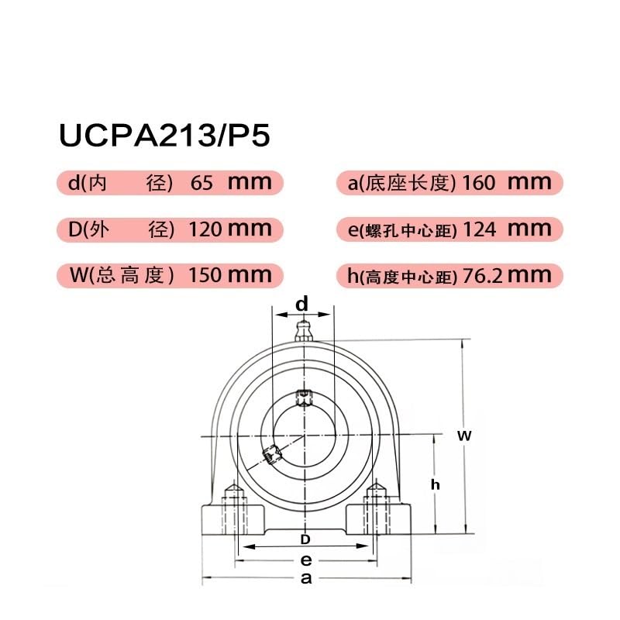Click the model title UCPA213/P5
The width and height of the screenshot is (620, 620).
[x=164, y=135]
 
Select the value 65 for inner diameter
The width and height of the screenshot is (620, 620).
[x=201, y=184]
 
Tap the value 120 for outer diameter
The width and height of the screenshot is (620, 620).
[x=205, y=229]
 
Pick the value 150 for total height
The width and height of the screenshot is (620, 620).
[x=205, y=274]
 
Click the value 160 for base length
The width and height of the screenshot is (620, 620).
[x=478, y=184]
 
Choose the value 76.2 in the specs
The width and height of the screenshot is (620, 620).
[x=484, y=274]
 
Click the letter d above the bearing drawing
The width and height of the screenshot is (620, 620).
[x=302, y=305]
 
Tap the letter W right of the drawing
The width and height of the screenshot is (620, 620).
[x=463, y=436]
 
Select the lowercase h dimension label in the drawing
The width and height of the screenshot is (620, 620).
[x=436, y=484]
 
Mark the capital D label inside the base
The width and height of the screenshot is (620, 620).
[x=305, y=538]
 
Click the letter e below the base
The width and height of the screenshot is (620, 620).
[x=306, y=560]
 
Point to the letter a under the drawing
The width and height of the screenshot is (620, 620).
[x=306, y=579]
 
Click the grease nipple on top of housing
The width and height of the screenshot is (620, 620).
[x=302, y=331]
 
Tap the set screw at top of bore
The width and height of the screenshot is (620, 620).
[x=302, y=398]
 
